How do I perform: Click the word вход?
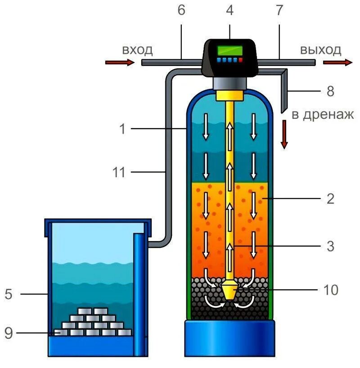point(138,49)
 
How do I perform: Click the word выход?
point(321,49)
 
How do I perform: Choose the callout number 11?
point(118,172)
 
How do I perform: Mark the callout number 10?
point(331,290)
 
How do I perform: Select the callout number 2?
point(331,198)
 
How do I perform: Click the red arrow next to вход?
point(119,63)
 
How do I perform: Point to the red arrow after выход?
point(343,63)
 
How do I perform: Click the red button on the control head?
point(240,59)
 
